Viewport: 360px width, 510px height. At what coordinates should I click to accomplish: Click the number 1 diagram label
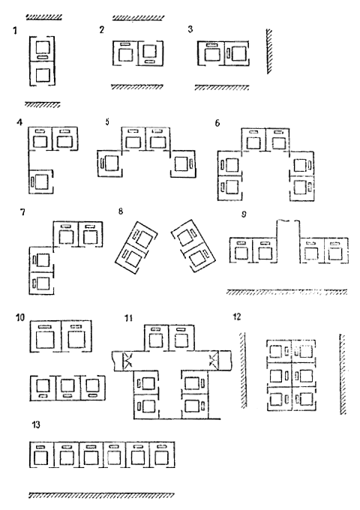click(x=15, y=31)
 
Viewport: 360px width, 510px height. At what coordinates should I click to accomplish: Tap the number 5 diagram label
click(x=108, y=121)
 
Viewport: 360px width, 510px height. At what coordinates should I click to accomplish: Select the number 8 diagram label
click(x=121, y=211)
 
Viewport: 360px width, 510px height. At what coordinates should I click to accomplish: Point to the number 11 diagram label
click(x=129, y=318)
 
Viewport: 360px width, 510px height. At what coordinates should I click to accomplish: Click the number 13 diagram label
click(x=37, y=424)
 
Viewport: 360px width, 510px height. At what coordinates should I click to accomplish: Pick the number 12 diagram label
click(x=237, y=316)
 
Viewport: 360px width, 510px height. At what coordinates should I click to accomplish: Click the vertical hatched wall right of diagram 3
click(x=269, y=52)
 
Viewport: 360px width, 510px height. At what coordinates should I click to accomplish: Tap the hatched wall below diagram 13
click(x=101, y=495)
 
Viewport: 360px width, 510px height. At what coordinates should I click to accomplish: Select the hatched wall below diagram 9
click(x=286, y=292)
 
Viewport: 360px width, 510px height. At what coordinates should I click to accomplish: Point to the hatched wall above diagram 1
click(x=44, y=17)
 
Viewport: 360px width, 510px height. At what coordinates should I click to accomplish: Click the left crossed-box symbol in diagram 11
click(x=127, y=361)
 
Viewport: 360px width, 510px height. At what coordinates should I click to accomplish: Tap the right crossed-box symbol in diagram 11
click(x=214, y=360)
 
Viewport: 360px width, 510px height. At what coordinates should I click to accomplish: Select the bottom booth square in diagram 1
click(x=42, y=75)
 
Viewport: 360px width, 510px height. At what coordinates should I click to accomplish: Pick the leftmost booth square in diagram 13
click(x=41, y=458)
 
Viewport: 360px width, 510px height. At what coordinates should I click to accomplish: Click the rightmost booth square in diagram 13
click(x=160, y=458)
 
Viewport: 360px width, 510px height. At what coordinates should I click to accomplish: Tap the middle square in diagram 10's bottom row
click(x=67, y=386)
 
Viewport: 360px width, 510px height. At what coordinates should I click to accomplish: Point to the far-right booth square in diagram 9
click(x=334, y=253)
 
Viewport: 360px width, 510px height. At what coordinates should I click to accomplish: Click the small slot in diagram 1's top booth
click(x=42, y=57)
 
